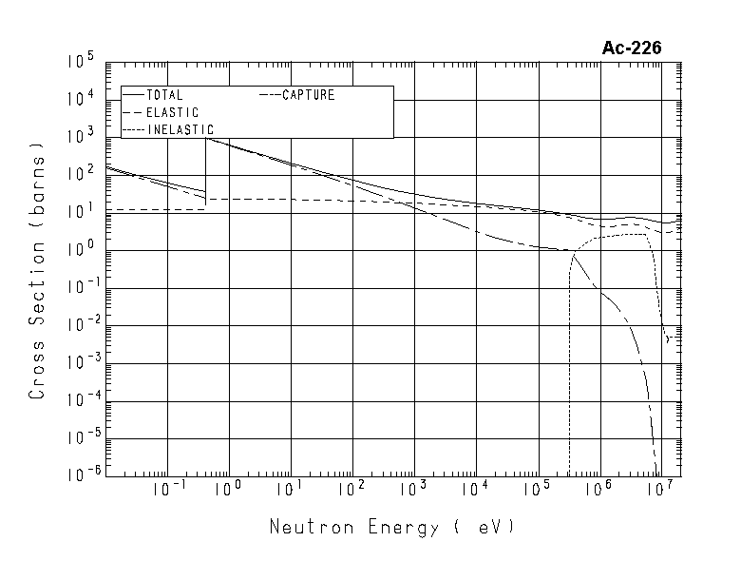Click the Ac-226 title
[x=631, y=48]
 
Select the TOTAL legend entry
[x=164, y=95]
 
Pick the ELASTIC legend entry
[x=172, y=112]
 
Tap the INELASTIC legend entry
[x=180, y=129]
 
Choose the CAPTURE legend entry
[x=307, y=95]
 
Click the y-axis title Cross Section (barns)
[x=37, y=270]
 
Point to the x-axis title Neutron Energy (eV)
[x=391, y=527]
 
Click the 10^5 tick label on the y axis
[x=80, y=63]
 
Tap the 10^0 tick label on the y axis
[x=80, y=250]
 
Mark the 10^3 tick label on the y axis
[x=80, y=137]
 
